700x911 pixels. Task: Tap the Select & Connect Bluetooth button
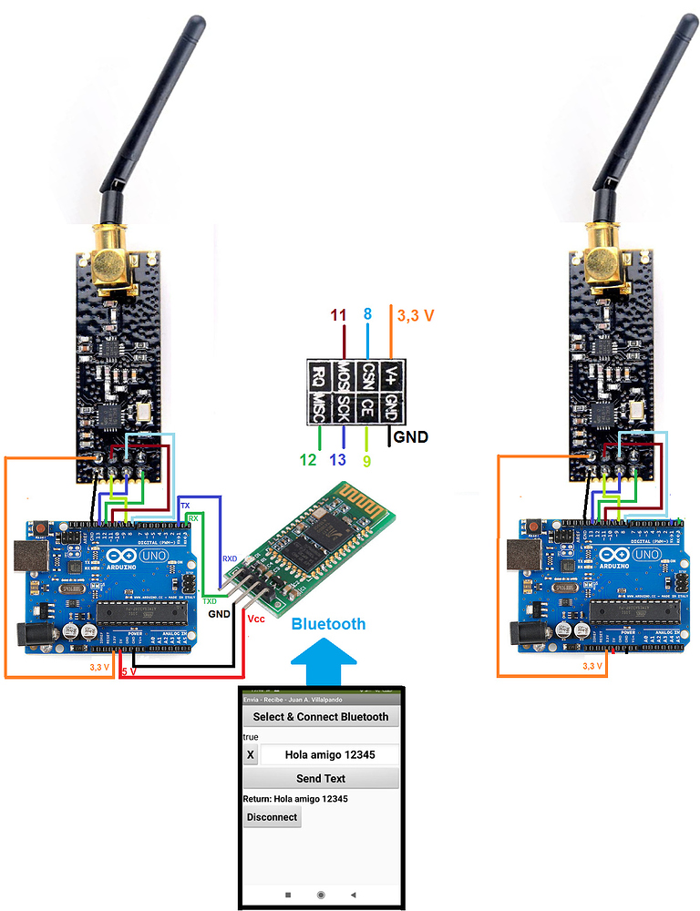click(x=321, y=716)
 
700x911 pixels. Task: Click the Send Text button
click(x=321, y=778)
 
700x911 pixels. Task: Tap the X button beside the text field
click(x=251, y=754)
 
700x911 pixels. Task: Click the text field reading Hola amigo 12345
click(x=330, y=754)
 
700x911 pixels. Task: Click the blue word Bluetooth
click(x=328, y=624)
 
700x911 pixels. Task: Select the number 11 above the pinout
click(x=339, y=316)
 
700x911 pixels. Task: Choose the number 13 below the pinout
click(x=339, y=460)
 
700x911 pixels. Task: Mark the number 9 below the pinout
click(x=367, y=460)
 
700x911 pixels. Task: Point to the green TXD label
click(x=210, y=602)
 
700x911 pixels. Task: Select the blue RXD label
click(x=230, y=558)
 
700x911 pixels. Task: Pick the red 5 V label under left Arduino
click(x=129, y=672)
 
